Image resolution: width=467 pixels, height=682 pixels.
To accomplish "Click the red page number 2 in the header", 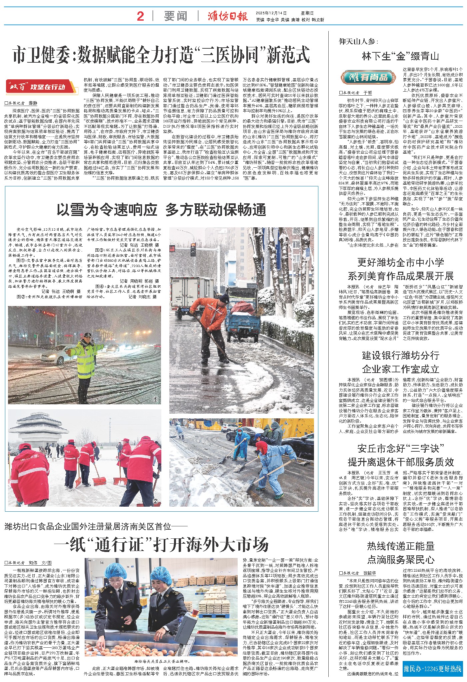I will click(x=140, y=16).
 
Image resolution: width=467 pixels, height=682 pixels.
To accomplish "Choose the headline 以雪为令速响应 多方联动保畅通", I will click(x=161, y=210).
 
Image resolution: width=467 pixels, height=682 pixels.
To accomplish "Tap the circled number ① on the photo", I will click(x=155, y=399).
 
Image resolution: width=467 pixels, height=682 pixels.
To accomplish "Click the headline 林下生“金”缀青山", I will click(x=400, y=56).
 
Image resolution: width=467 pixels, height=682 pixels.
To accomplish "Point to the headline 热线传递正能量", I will click(x=401, y=546).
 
